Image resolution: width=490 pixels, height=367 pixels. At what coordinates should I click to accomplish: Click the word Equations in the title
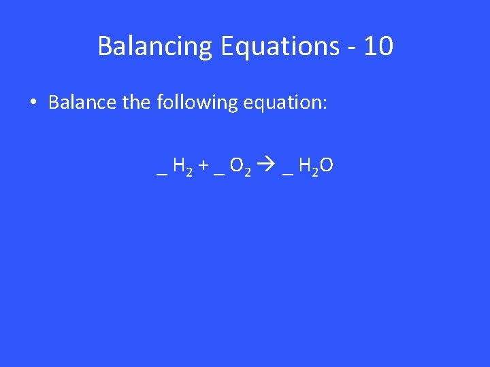279,46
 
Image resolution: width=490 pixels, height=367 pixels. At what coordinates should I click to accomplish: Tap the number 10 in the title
378,46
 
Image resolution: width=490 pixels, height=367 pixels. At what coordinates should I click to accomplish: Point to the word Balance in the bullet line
82,103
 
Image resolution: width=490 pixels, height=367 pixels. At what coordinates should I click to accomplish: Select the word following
197,103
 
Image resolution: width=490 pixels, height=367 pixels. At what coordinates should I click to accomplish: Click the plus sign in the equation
203,167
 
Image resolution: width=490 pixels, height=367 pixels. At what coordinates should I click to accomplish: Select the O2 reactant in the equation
240,167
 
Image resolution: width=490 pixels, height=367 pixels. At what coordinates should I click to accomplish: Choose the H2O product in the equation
316,167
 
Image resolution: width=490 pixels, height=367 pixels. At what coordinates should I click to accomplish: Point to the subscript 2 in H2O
316,171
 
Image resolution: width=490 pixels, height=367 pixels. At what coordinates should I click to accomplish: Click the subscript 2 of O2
248,171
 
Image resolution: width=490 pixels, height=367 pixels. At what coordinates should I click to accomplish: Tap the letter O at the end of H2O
327,166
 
